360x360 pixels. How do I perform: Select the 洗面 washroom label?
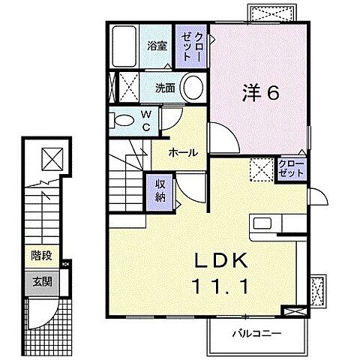pyautogui.click(x=165, y=88)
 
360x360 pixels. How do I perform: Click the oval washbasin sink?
pyautogui.click(x=193, y=88)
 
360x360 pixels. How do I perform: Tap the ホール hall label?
pyautogui.click(x=183, y=152)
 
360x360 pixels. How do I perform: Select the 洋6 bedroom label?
pyautogui.click(x=260, y=94)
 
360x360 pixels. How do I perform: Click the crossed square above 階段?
pyautogui.click(x=52, y=159)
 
